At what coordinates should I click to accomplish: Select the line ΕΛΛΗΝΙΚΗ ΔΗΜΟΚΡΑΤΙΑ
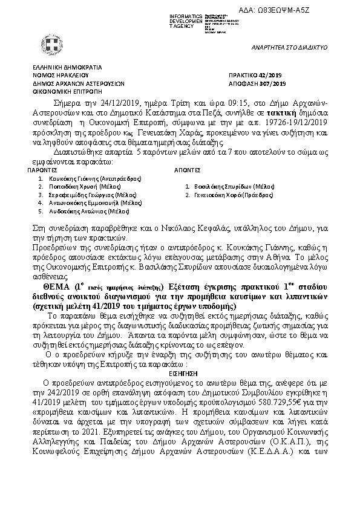pyautogui.click(x=67, y=68)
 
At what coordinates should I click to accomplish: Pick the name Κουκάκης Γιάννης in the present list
pyautogui.click(x=74, y=180)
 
